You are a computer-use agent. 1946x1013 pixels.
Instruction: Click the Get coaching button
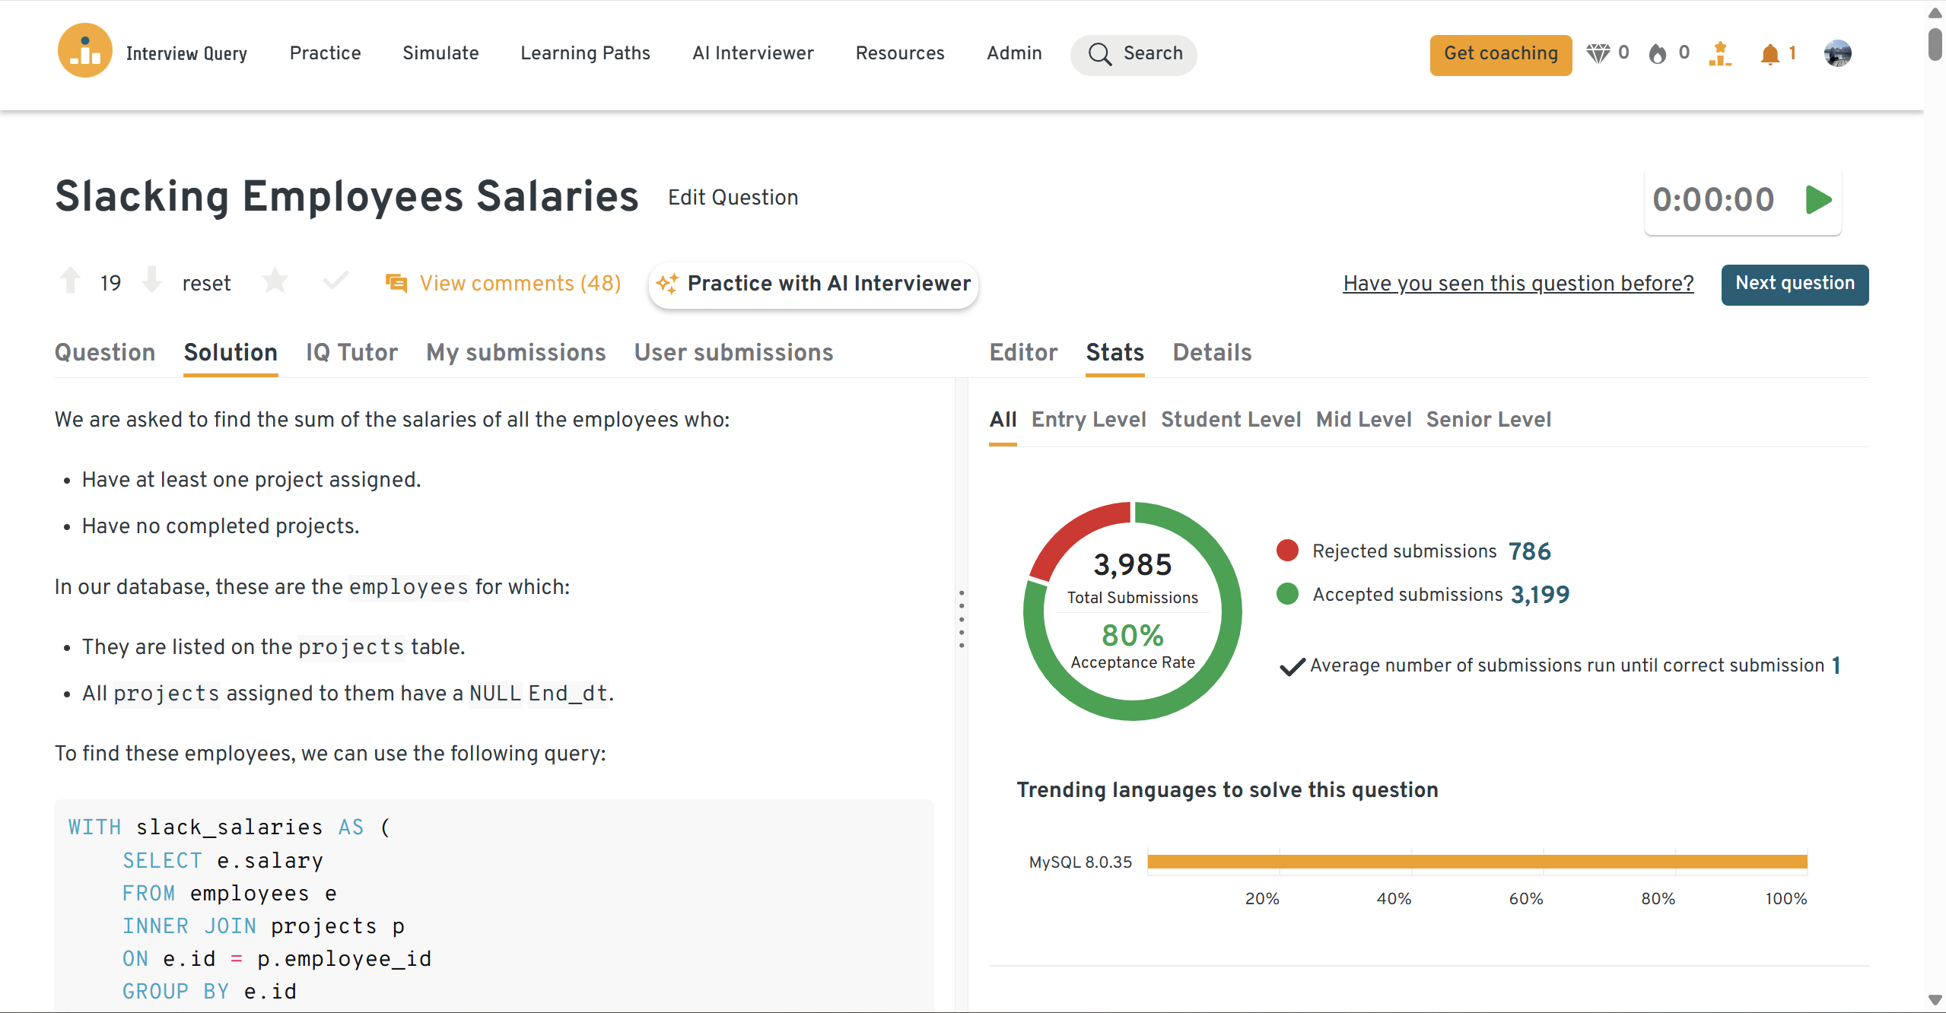coord(1500,54)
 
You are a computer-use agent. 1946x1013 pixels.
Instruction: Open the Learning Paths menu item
coord(585,53)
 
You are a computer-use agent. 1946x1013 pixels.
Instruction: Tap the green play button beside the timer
coord(1818,200)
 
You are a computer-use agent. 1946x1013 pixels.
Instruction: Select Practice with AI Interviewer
coord(813,284)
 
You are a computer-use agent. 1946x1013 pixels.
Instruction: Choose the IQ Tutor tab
coord(351,353)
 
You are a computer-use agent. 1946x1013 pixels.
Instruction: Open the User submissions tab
coord(733,353)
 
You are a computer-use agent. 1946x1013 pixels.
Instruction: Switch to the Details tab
coord(1212,353)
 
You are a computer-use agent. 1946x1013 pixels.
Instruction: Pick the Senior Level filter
coord(1488,420)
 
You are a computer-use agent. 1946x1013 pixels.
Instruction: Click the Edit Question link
coord(733,198)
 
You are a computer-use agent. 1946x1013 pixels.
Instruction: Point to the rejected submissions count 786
coord(1529,551)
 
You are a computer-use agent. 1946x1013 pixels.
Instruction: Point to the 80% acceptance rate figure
coord(1132,636)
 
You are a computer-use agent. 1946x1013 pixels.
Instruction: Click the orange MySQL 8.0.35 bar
coord(1477,862)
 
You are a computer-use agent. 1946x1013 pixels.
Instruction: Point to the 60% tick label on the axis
coord(1525,899)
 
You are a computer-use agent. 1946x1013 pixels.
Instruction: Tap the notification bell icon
coord(1770,54)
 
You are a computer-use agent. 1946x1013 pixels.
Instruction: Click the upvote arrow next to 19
coord(71,281)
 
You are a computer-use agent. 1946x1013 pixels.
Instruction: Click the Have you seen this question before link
coord(1518,284)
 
